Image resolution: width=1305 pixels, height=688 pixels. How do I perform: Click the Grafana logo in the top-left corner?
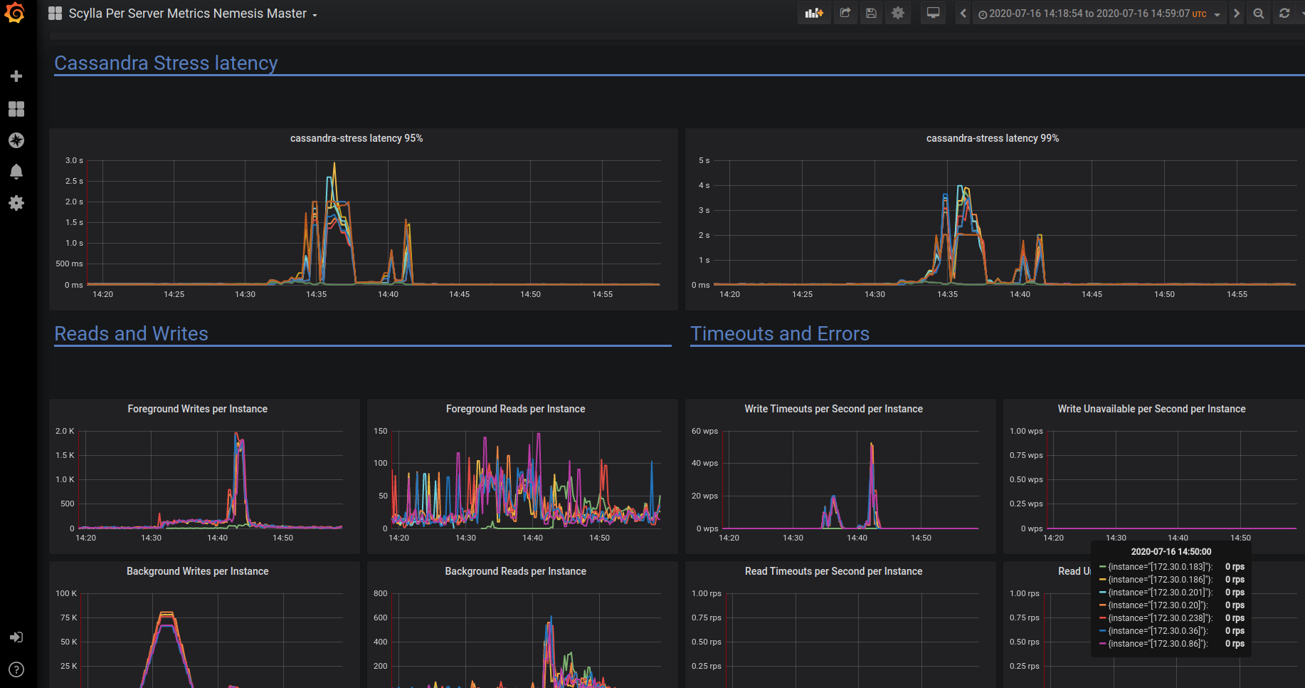point(15,13)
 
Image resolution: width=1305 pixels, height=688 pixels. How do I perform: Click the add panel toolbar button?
point(814,14)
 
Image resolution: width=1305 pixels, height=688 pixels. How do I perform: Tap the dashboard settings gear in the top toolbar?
point(898,14)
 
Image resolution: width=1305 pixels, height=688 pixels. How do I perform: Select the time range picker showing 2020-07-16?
point(1099,14)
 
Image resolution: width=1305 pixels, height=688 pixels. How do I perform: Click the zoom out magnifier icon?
point(1259,14)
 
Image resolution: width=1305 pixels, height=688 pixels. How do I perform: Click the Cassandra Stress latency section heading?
point(166,63)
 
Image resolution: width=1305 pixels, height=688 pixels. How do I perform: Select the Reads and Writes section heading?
point(131,334)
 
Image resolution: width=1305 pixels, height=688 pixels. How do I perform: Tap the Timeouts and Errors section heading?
point(780,334)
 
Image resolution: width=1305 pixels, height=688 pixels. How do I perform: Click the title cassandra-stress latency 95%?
point(356,138)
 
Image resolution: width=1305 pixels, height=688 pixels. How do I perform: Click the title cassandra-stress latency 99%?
point(993,138)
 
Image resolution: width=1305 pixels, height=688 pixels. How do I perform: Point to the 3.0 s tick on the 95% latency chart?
point(74,160)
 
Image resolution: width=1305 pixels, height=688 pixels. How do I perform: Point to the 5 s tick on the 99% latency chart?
point(704,160)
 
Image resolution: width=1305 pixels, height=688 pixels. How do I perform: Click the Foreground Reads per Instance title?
point(515,409)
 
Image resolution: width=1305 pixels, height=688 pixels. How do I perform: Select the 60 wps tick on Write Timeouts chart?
point(704,431)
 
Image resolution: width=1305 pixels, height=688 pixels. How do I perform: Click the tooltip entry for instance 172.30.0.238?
point(1160,618)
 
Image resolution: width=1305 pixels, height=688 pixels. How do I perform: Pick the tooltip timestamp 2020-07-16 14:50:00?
point(1171,551)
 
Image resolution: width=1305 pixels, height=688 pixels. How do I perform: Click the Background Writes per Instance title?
point(197,571)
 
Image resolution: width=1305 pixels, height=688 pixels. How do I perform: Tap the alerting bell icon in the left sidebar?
point(16,172)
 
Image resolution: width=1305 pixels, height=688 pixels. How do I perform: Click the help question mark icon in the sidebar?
point(16,669)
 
